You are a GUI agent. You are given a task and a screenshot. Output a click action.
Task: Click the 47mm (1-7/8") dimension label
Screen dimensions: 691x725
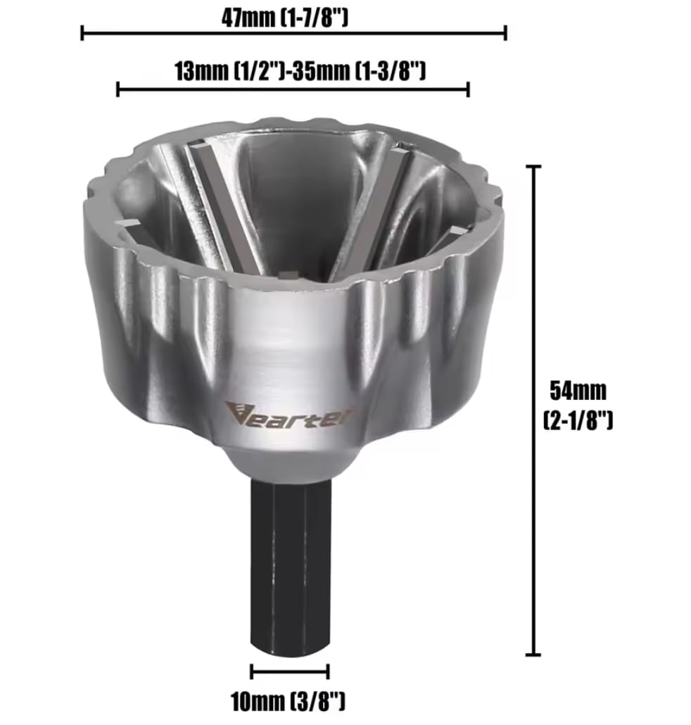[284, 18]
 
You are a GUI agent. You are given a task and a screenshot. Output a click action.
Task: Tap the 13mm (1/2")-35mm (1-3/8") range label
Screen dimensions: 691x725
[300, 71]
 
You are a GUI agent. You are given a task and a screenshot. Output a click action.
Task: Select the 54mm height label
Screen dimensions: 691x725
[578, 391]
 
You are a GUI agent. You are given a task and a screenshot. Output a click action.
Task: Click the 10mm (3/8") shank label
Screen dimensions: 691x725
[289, 701]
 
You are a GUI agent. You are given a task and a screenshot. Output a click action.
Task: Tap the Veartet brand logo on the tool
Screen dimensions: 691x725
[289, 414]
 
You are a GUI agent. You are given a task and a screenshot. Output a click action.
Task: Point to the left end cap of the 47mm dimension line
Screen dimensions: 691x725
[82, 33]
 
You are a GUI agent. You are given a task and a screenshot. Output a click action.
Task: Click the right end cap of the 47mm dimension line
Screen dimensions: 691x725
[506, 33]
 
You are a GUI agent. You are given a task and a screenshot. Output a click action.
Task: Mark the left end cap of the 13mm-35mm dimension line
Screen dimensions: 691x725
[118, 89]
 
